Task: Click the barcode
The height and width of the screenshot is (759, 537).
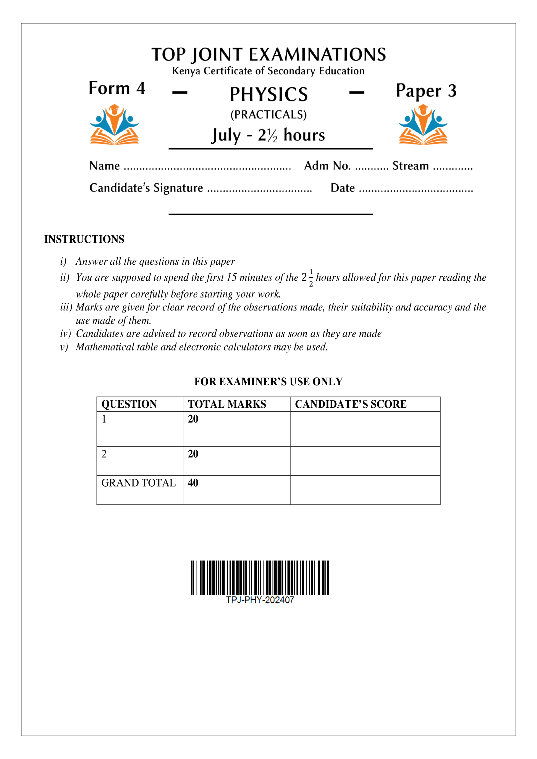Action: point(260,577)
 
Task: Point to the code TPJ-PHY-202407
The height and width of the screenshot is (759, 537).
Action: point(260,600)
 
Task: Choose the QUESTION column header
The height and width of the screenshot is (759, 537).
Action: point(129,404)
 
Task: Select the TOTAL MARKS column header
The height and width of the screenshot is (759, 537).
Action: point(227,404)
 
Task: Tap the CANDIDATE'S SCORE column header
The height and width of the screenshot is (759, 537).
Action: point(351,404)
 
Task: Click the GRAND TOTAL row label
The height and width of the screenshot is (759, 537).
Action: point(138,483)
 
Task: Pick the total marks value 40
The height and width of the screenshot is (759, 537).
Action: point(193,483)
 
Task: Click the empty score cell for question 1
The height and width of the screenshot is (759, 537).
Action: point(365,429)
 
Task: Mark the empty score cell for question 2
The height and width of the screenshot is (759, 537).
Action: point(365,461)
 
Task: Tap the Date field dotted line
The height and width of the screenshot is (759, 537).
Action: point(416,191)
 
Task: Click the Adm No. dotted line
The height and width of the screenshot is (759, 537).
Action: point(372,169)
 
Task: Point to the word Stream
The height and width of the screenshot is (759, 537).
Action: point(410,166)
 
